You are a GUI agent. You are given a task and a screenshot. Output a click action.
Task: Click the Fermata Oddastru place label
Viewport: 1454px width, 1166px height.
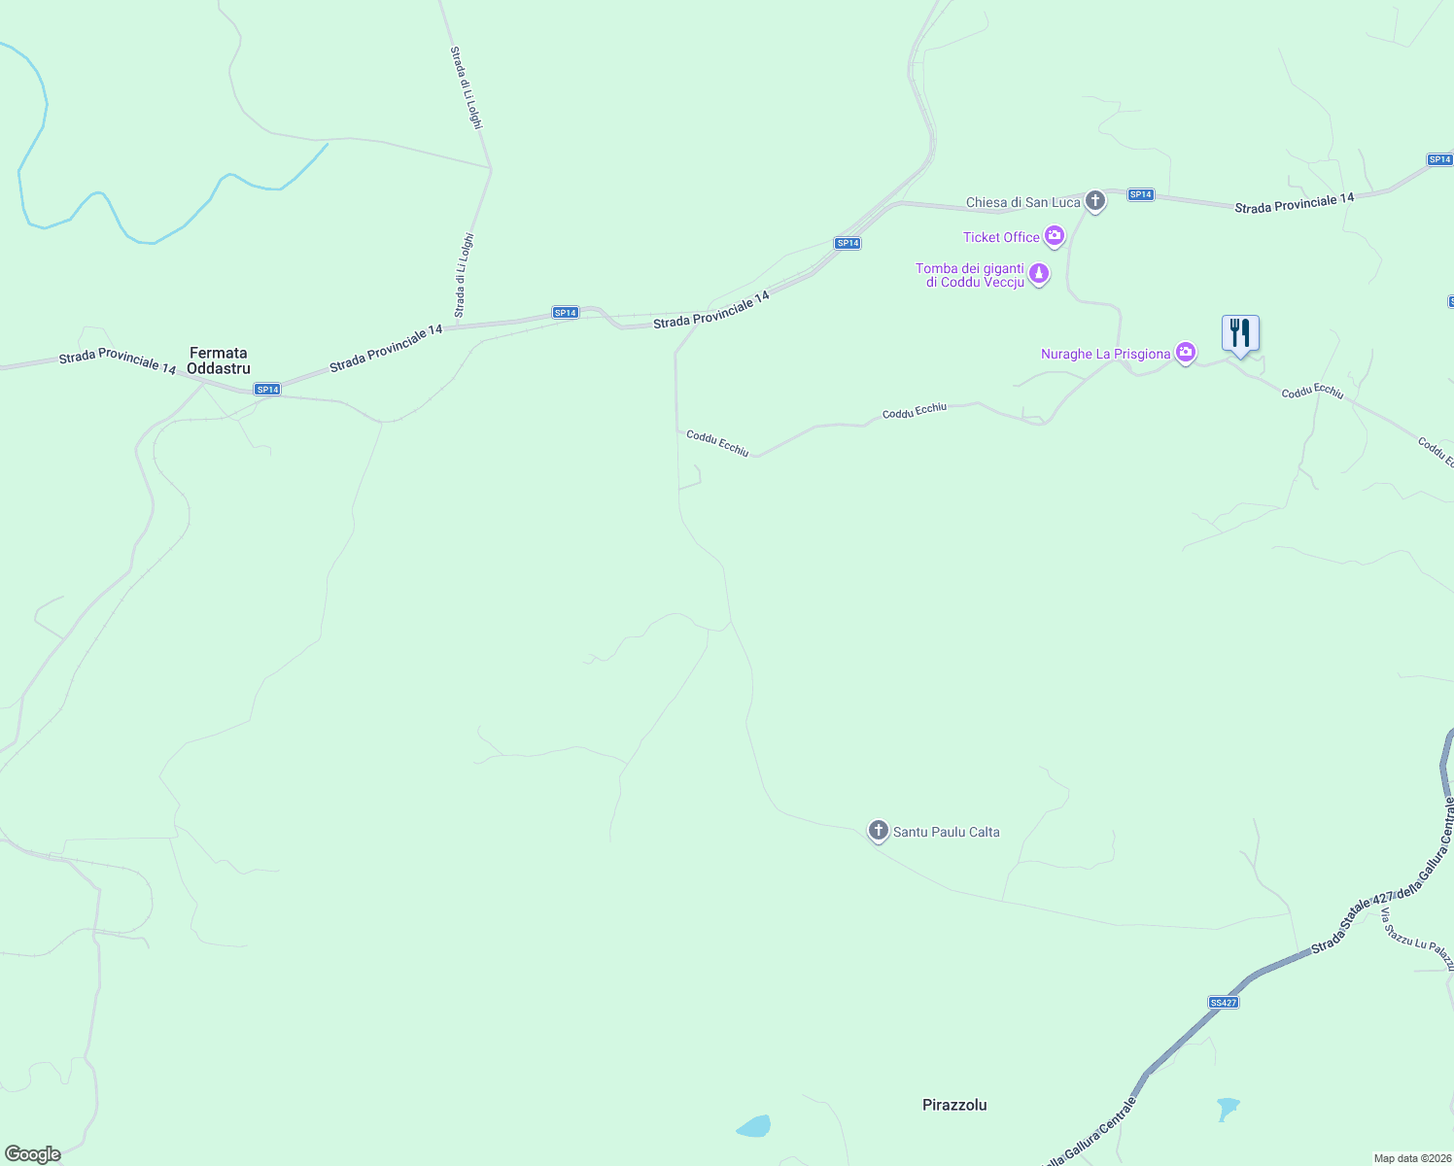pos(219,360)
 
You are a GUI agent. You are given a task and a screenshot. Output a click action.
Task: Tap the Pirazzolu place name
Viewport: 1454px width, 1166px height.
pos(954,1105)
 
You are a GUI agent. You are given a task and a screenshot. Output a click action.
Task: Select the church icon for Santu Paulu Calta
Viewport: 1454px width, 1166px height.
pos(878,831)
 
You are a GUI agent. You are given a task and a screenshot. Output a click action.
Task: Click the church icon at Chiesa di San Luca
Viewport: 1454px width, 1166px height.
pos(1095,201)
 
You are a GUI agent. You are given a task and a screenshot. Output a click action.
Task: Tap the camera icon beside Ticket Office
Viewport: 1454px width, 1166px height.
pos(1054,236)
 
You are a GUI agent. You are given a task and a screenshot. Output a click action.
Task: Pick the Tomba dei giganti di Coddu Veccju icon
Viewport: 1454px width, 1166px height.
pos(1039,274)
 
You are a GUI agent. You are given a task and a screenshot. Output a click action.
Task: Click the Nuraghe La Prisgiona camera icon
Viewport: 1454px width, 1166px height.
pos(1185,353)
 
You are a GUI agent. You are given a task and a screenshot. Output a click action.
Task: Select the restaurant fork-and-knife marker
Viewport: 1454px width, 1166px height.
pos(1240,333)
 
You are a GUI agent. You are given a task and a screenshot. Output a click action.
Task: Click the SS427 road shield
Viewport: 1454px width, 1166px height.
pos(1224,1002)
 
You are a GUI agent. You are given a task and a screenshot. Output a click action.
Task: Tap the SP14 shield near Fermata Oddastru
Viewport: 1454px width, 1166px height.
pos(267,390)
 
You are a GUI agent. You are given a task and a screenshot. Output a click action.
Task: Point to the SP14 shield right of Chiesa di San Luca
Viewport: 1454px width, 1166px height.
pos(1140,195)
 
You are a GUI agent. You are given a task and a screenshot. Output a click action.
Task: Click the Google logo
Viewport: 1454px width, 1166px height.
pos(33,1154)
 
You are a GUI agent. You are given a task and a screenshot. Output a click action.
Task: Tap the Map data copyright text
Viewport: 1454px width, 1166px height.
pos(1411,1158)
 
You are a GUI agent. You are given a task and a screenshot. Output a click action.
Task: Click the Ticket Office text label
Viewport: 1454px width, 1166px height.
pos(1001,237)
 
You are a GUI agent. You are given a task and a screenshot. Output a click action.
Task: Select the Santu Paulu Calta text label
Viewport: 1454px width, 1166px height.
pos(946,832)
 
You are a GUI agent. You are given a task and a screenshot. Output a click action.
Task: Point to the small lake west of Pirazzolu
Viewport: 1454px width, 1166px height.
pos(754,1126)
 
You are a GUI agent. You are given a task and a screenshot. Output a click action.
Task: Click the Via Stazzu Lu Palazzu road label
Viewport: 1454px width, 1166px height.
pos(1417,940)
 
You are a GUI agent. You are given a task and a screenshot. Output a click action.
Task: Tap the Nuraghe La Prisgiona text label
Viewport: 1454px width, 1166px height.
pos(1105,354)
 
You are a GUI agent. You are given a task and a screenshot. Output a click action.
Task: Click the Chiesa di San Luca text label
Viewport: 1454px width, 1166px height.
pos(1022,202)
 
